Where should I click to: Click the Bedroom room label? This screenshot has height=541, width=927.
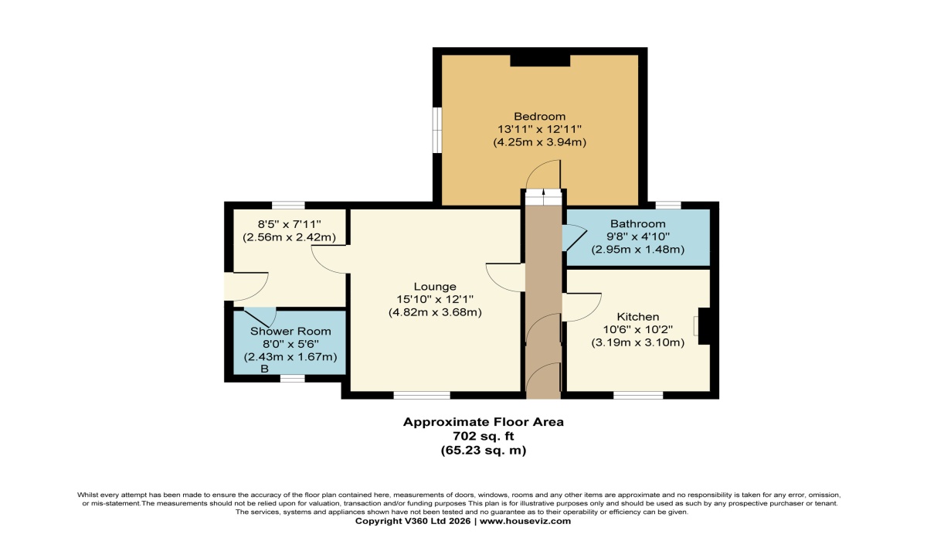click(x=540, y=117)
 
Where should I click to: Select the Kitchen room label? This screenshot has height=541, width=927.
click(x=637, y=317)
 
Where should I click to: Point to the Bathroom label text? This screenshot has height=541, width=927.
click(x=637, y=224)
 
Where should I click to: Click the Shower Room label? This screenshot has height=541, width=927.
click(x=290, y=331)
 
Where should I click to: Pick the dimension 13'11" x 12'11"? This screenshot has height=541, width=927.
click(x=540, y=130)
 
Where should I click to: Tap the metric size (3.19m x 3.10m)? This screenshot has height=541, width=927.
click(x=637, y=342)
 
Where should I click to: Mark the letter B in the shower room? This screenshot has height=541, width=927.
click(x=264, y=369)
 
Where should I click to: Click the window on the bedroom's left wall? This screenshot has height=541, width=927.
click(x=437, y=128)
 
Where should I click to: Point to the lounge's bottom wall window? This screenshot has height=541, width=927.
click(x=422, y=395)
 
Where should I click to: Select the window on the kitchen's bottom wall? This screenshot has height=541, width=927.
click(x=638, y=395)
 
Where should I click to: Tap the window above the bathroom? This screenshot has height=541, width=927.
click(x=667, y=205)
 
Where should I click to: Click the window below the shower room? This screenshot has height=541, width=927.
click(x=291, y=378)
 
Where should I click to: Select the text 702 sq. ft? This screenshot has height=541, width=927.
click(x=483, y=436)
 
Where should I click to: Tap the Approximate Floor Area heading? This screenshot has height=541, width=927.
click(x=483, y=422)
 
